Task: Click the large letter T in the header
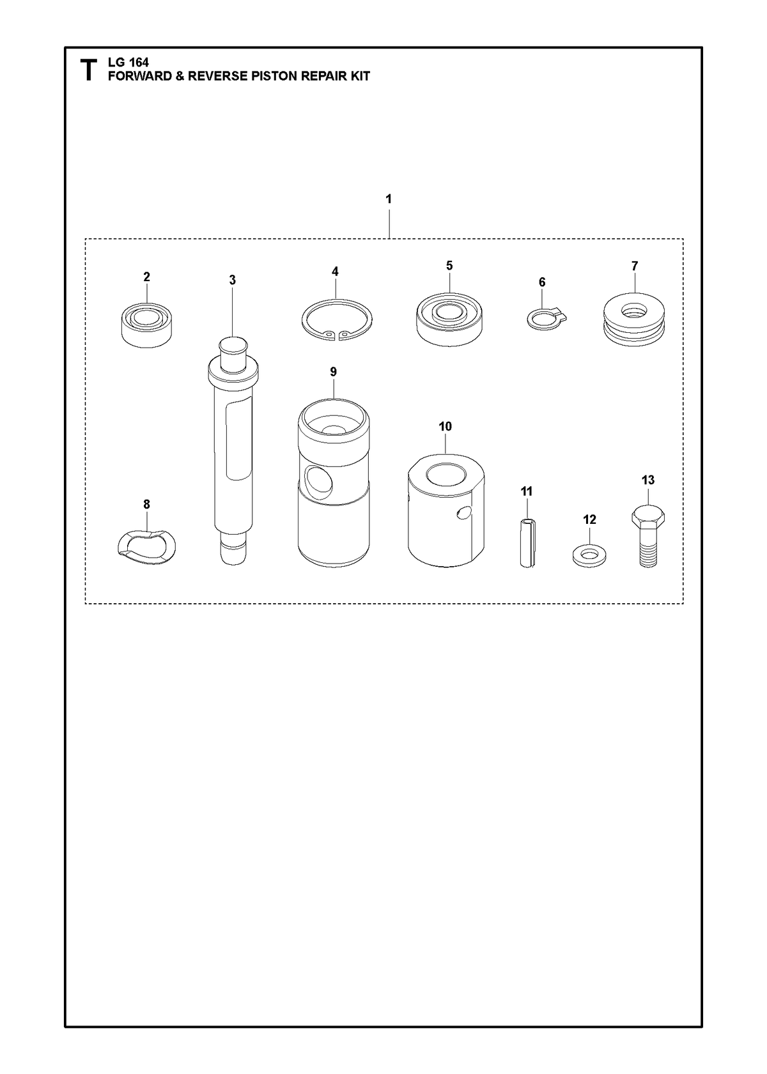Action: (x=88, y=70)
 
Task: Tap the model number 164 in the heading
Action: (x=139, y=63)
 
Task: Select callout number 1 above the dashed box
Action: (x=389, y=199)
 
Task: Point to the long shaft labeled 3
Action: (x=233, y=450)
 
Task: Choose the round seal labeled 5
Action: (x=449, y=319)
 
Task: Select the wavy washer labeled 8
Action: (x=146, y=546)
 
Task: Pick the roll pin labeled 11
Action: (x=527, y=543)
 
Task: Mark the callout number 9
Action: (x=334, y=372)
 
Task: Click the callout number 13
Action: (x=648, y=480)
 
